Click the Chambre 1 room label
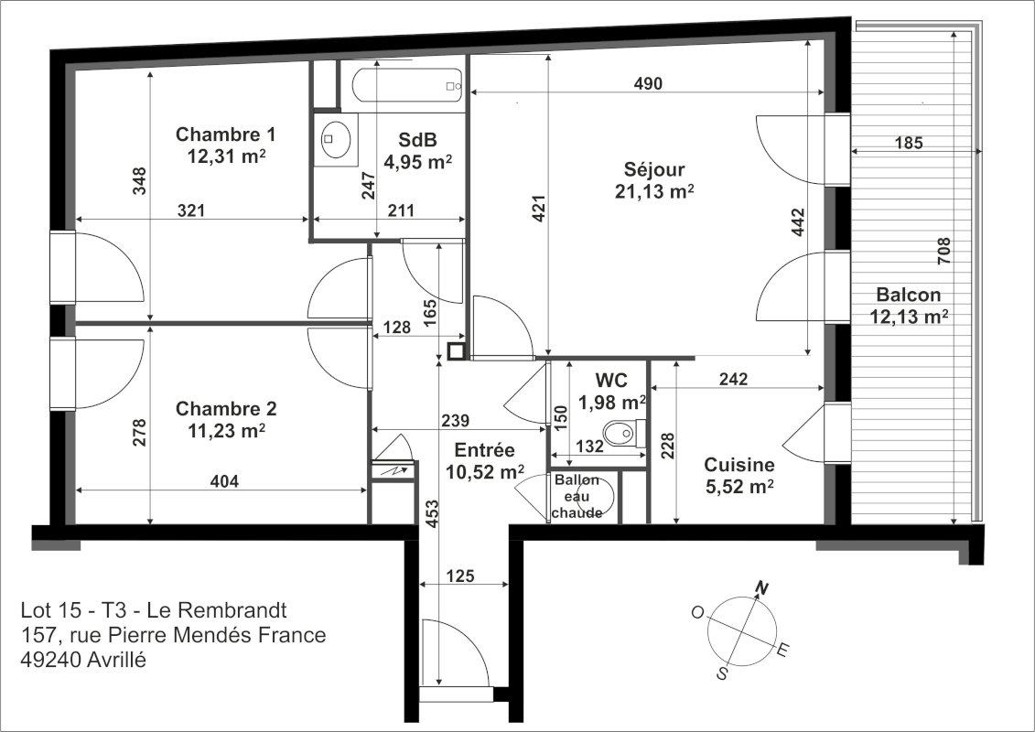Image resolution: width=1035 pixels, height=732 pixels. (x=225, y=135)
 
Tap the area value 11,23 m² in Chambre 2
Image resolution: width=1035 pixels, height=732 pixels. (x=226, y=431)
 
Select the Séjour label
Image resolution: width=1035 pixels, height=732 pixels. (x=654, y=170)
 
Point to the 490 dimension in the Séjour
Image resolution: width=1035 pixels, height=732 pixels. (x=648, y=84)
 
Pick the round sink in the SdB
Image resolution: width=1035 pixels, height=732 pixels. (x=336, y=139)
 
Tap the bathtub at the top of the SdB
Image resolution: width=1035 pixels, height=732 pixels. (x=406, y=85)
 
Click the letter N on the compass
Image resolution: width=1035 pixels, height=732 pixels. (x=762, y=587)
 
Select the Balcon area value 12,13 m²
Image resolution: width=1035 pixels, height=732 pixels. (x=909, y=317)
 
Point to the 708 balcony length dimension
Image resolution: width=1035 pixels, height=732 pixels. (x=943, y=252)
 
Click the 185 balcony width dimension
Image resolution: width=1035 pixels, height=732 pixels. (x=909, y=143)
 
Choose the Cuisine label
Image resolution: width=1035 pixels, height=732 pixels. (x=739, y=465)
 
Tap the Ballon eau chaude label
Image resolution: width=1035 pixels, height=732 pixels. (x=577, y=496)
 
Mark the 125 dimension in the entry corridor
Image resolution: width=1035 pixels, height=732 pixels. (x=460, y=576)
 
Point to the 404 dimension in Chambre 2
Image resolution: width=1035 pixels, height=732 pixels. (x=224, y=481)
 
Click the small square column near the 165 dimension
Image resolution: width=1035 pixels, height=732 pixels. (x=456, y=351)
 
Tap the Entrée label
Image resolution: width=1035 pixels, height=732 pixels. (x=484, y=451)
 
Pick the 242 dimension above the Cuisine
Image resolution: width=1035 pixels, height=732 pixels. (x=733, y=379)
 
